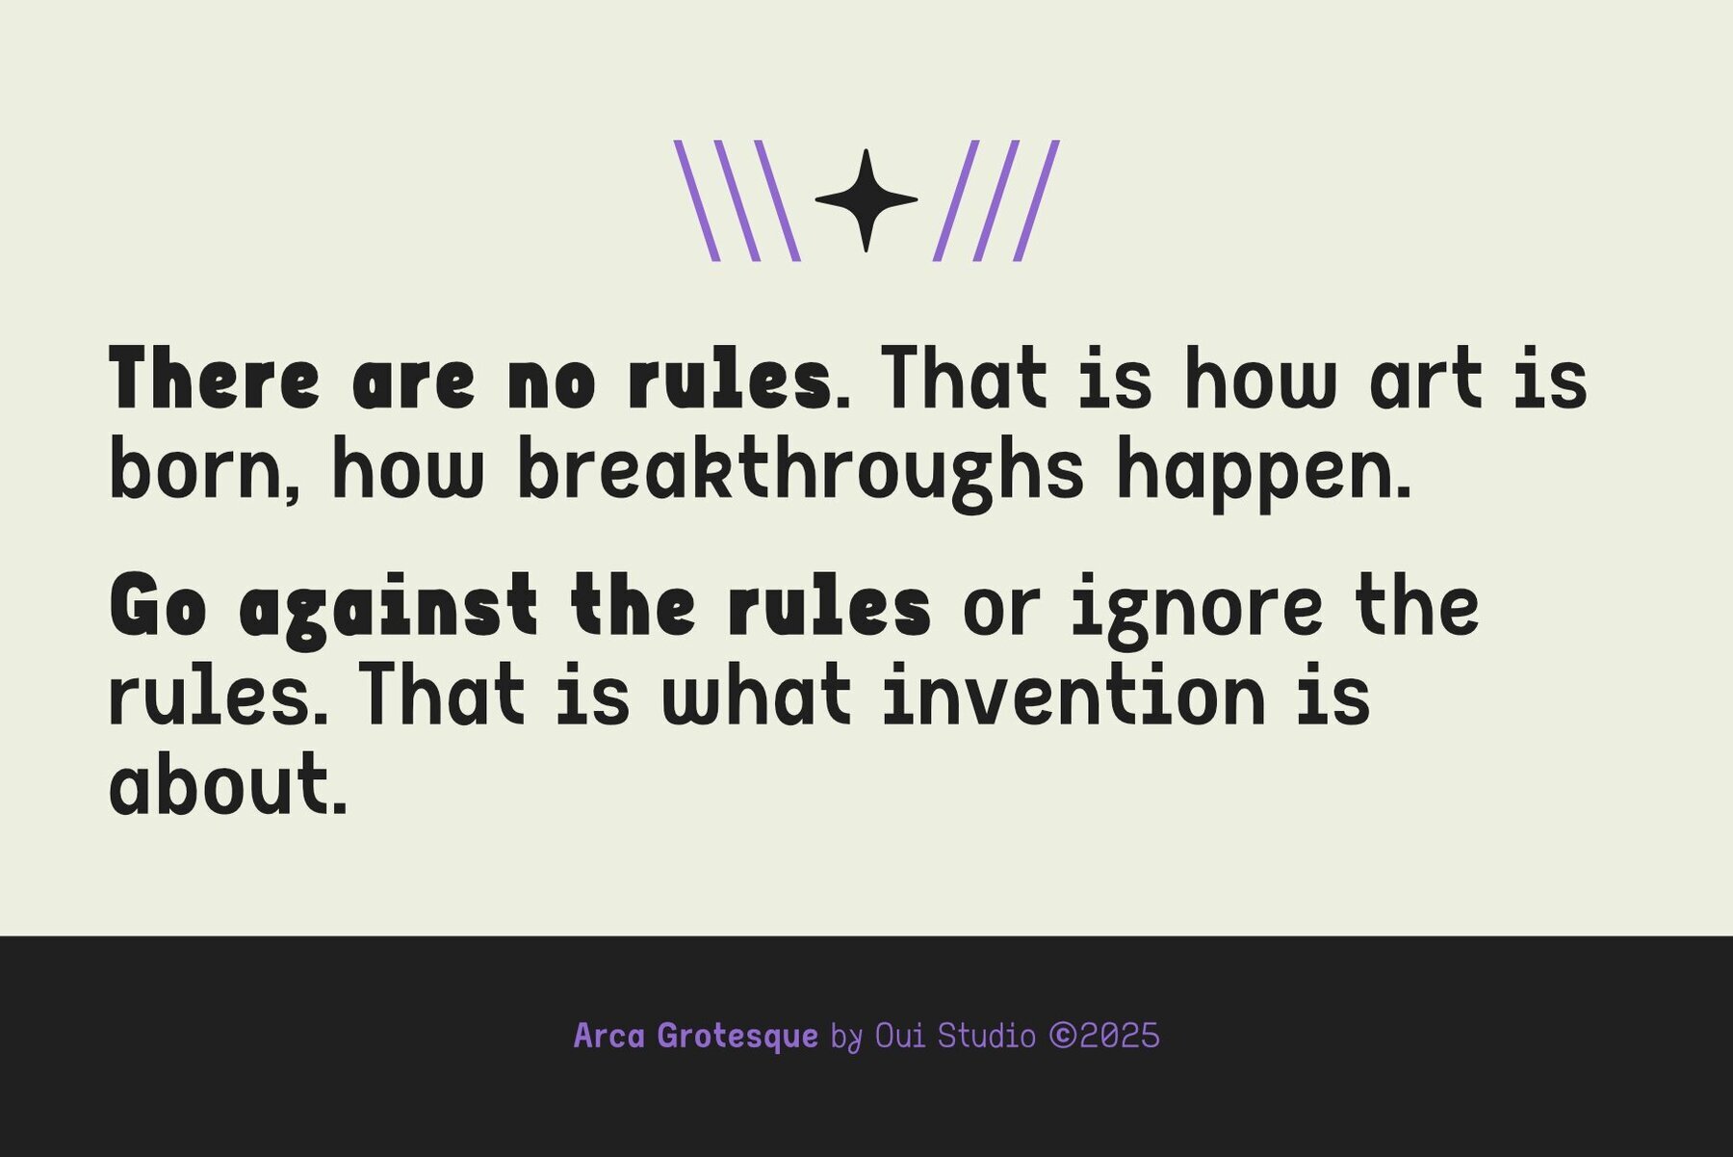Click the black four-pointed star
[866, 200]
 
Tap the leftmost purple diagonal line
[696, 200]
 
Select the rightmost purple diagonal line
[1036, 200]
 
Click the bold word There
[214, 378]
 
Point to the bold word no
[552, 382]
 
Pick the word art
[1426, 378]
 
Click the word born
[201, 468]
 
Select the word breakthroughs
[801, 473]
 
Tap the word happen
[1257, 473]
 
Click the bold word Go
[158, 604]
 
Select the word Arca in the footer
[609, 1037]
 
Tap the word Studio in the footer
[987, 1037]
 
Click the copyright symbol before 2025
[1063, 1037]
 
